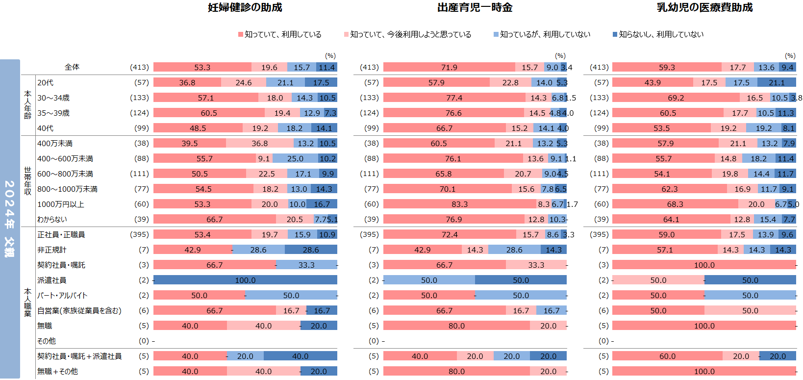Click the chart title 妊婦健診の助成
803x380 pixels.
(x=245, y=7)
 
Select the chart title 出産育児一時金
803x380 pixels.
(x=475, y=7)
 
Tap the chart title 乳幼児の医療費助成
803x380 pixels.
(x=704, y=7)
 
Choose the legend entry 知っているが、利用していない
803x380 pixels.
(x=545, y=34)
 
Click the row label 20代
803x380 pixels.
(x=46, y=83)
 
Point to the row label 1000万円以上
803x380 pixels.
(x=61, y=204)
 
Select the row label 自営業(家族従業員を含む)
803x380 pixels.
(x=79, y=311)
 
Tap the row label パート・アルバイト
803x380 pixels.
(x=62, y=296)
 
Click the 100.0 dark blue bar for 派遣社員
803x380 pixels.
(x=245, y=280)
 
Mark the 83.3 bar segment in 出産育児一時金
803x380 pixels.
(x=459, y=204)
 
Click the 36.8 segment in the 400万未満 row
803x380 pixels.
(x=259, y=144)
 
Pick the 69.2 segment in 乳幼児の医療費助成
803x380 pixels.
(x=676, y=98)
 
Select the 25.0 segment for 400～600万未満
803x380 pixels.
(x=295, y=159)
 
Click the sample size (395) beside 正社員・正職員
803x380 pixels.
(x=139, y=235)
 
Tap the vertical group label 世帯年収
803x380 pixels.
(x=28, y=181)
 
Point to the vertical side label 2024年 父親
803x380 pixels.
(x=10, y=219)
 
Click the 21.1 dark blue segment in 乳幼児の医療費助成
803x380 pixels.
(x=777, y=83)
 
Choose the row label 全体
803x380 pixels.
(x=72, y=67)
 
